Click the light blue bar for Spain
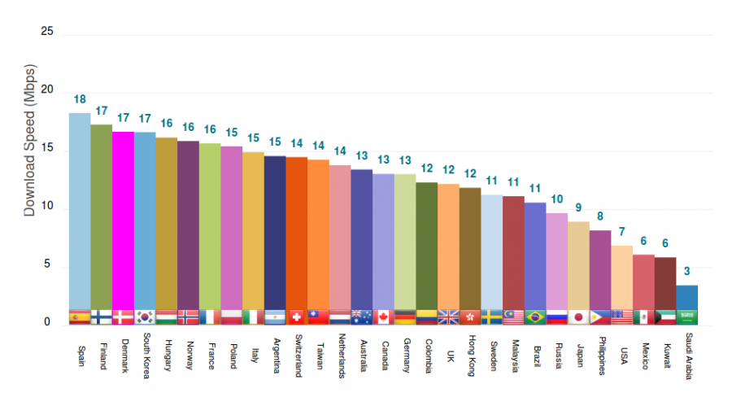(x=79, y=212)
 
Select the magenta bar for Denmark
(x=123, y=220)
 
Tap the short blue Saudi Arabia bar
(x=687, y=297)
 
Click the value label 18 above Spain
(x=80, y=100)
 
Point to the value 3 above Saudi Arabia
(x=687, y=272)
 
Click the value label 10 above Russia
(x=557, y=199)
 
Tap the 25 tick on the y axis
(x=46, y=32)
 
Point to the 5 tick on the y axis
(x=47, y=265)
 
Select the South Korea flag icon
(x=145, y=317)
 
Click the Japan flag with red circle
(x=578, y=317)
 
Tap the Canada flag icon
(x=383, y=317)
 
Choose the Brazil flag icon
(x=535, y=317)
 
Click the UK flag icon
(x=448, y=317)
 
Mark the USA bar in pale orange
(x=622, y=277)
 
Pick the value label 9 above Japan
(x=578, y=207)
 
